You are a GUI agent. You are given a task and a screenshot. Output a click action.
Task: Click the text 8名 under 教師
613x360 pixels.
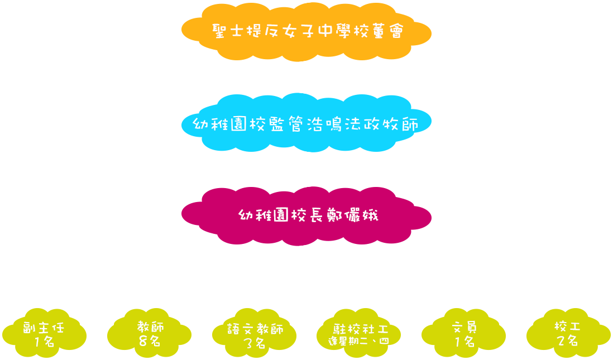point(149,340)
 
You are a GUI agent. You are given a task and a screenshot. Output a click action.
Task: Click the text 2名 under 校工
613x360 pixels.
point(567,341)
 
